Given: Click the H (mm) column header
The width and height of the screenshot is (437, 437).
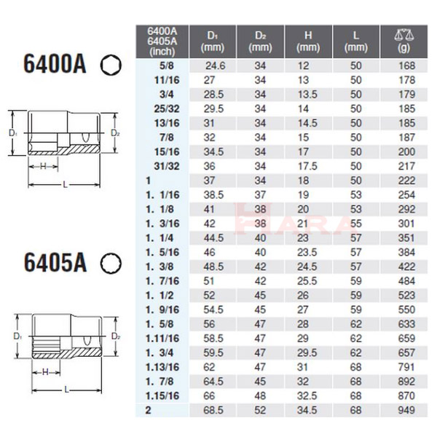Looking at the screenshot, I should pos(308,41).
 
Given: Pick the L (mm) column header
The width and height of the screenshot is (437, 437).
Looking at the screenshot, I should pos(356,41).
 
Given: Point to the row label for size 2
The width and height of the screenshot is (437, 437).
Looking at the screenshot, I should pos(149,413).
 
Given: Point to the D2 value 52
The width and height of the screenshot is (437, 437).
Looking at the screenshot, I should pos(260,413).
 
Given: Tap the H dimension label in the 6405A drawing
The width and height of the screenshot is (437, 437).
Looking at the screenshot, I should pos(44,372).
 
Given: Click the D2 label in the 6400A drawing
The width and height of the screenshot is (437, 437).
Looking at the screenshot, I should pos(115,134).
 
